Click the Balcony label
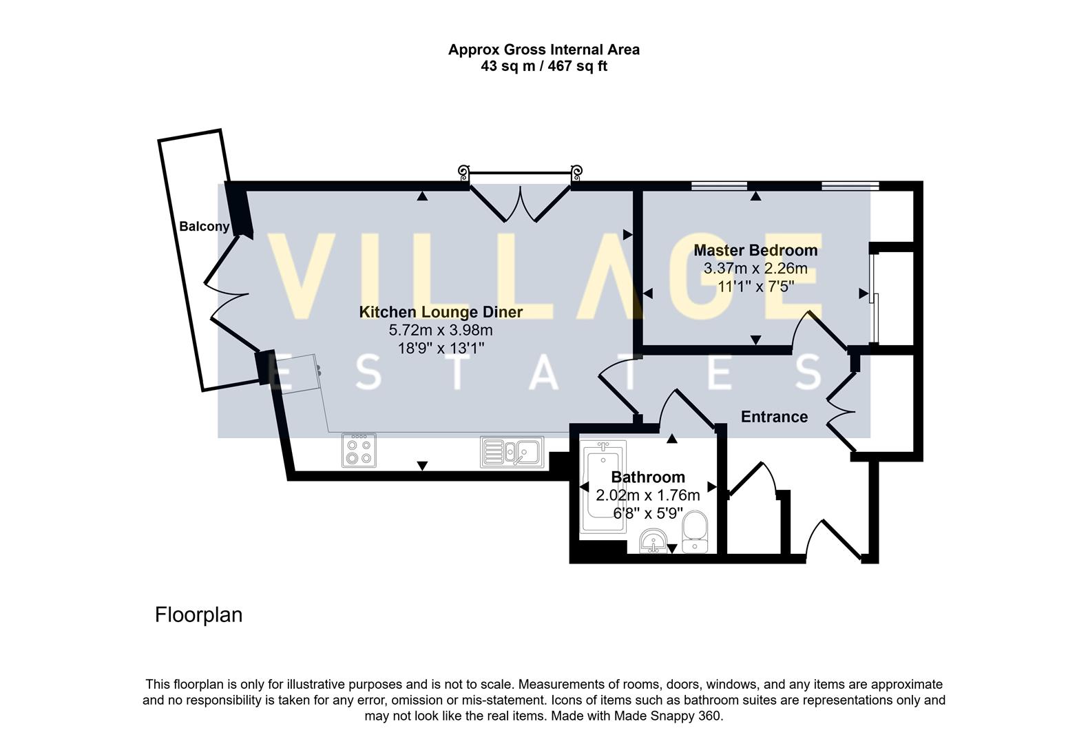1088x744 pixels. (204, 227)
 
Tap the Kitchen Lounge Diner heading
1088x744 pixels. (441, 312)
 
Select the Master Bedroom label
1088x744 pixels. (755, 251)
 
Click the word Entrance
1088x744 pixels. (774, 417)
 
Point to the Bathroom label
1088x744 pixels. (648, 477)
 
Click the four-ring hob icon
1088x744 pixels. (359, 451)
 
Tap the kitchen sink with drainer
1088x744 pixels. (512, 452)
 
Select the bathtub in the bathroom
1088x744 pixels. (603, 489)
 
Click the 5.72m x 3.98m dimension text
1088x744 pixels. (441, 330)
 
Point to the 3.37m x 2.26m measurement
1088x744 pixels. (755, 269)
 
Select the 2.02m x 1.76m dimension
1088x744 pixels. (647, 495)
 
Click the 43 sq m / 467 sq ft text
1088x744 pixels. (543, 67)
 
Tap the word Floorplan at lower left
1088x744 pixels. (198, 614)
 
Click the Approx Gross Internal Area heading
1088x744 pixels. (543, 50)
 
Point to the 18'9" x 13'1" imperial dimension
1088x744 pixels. (441, 348)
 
